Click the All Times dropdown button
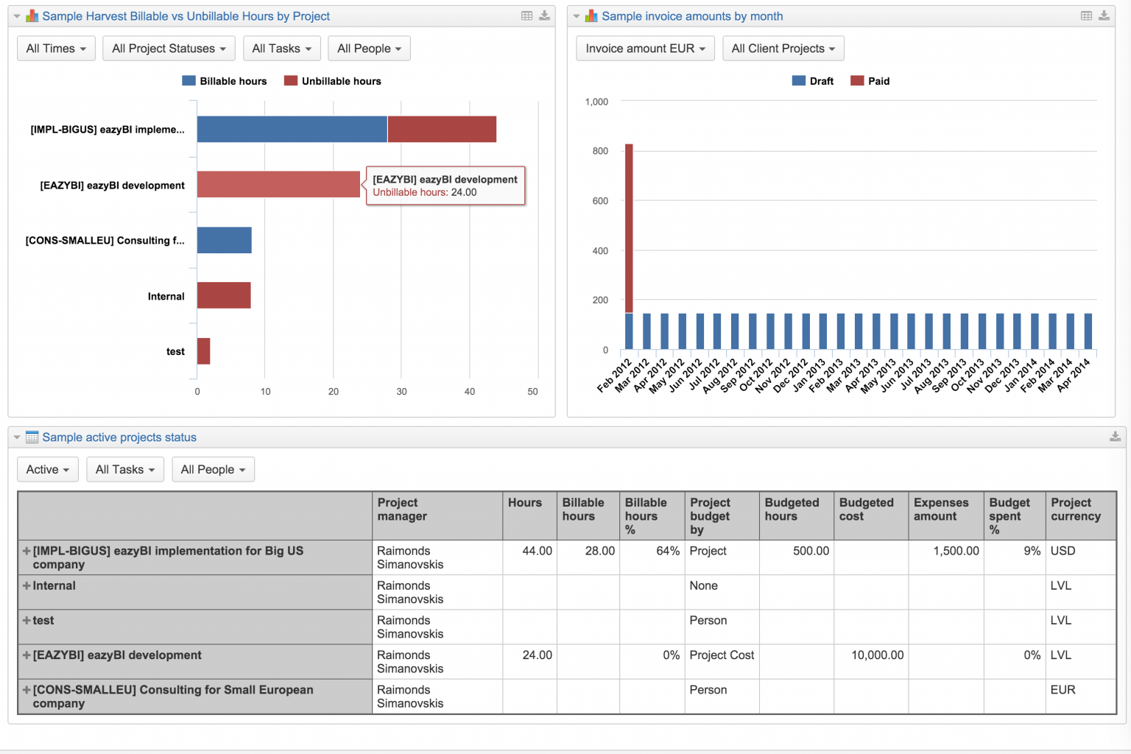[56, 49]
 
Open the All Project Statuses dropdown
[169, 49]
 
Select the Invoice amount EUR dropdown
[645, 49]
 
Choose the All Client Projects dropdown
[783, 49]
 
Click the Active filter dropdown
[47, 470]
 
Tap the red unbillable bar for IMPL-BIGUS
[442, 130]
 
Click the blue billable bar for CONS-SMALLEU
[224, 240]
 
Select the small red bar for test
[203, 351]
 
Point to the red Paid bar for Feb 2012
[629, 228]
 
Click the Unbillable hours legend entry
[333, 81]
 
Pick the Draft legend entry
[813, 81]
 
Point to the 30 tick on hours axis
[401, 392]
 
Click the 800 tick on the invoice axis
[600, 151]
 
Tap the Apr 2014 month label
[1074, 374]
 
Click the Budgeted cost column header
[866, 510]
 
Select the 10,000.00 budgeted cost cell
[877, 655]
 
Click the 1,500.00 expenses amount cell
[956, 551]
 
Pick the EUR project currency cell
[1063, 690]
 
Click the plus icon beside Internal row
[27, 586]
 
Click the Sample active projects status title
[119, 437]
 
